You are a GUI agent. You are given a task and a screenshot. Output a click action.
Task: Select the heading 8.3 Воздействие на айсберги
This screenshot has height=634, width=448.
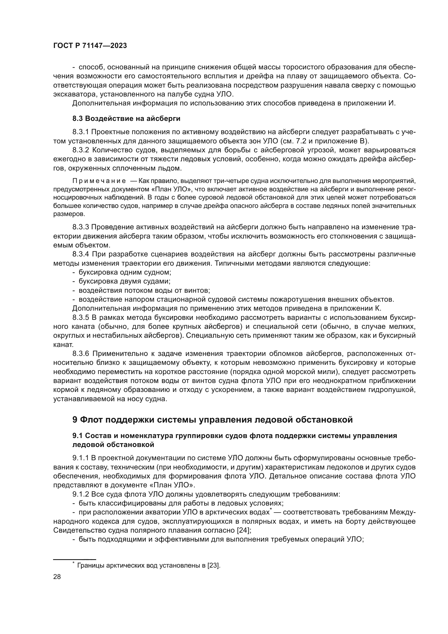tap(126, 119)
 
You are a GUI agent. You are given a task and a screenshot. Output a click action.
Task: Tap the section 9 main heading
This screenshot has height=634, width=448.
tap(212, 420)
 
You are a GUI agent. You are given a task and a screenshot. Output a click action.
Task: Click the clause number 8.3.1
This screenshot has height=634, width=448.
tap(81, 132)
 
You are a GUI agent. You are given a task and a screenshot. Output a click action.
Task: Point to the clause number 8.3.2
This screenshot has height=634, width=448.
tap(81, 150)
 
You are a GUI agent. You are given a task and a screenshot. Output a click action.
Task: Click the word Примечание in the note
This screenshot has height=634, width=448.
tap(99, 181)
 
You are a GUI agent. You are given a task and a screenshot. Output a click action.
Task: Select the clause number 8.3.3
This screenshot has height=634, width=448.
tap(81, 227)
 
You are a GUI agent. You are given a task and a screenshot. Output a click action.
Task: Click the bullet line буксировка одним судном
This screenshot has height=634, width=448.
tap(125, 272)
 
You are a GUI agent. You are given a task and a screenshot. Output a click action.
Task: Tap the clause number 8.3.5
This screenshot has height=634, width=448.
tap(81, 318)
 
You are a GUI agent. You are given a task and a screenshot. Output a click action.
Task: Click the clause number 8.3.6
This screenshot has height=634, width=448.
tap(81, 354)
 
